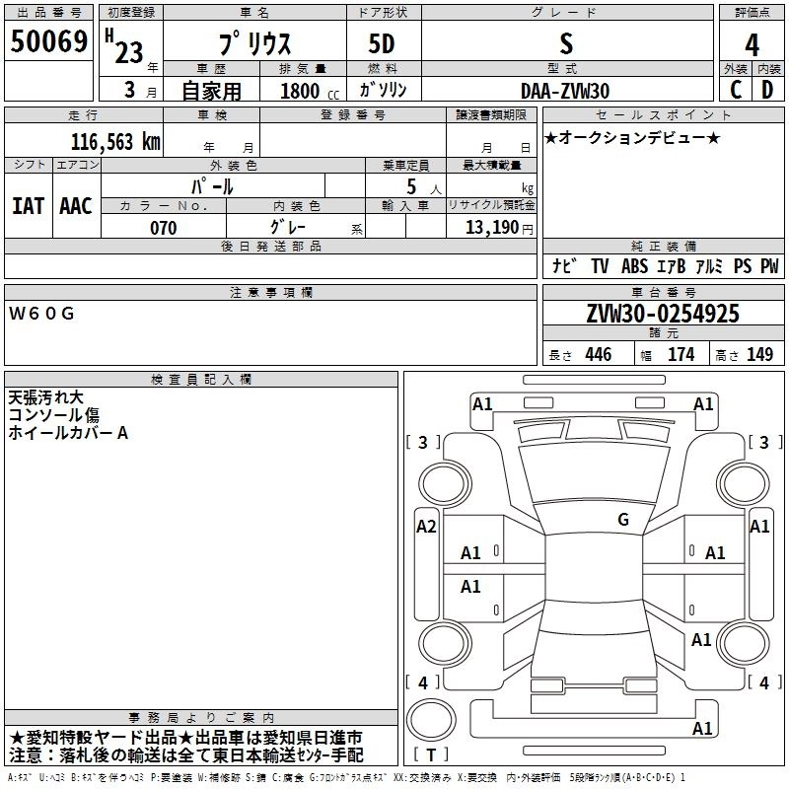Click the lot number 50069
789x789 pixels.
(x=48, y=42)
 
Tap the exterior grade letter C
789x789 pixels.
(x=735, y=90)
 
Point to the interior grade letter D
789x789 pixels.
(x=767, y=90)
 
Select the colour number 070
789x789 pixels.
(x=163, y=228)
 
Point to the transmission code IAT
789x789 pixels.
(x=28, y=206)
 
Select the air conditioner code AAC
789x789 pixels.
(x=76, y=206)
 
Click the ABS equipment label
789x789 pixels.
(x=634, y=266)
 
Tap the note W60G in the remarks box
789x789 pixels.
(x=41, y=314)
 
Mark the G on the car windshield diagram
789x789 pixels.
(x=623, y=519)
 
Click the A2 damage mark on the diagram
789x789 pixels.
(x=426, y=527)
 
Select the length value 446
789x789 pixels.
(x=597, y=355)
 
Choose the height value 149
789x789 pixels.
(x=759, y=355)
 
